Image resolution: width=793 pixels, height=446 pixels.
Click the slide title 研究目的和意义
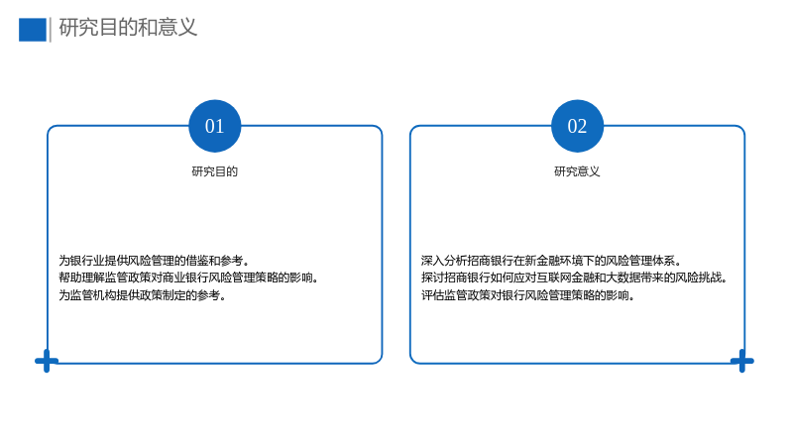tap(128, 28)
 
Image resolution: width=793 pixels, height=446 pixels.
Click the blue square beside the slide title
tap(33, 30)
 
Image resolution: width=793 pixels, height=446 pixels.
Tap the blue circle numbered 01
tap(214, 126)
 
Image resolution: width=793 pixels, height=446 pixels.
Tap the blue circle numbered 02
tap(577, 126)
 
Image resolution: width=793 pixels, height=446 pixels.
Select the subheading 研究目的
tap(214, 171)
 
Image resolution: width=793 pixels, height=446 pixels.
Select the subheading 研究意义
tap(577, 171)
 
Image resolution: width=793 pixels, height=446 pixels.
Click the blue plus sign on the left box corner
tap(47, 361)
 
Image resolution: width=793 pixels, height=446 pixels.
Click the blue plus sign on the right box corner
tap(741, 361)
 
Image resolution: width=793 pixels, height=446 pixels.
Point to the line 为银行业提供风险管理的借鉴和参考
tap(154, 261)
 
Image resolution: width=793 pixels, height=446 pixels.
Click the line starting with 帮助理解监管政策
tap(188, 278)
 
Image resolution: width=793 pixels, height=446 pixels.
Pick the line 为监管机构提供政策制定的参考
tap(142, 294)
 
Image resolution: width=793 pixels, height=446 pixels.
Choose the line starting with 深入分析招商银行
tap(551, 261)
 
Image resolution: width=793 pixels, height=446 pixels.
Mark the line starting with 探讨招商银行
tap(574, 278)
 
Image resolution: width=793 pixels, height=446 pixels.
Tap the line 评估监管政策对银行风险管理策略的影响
tap(528, 294)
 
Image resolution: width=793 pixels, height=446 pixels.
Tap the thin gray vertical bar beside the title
tap(51, 30)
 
